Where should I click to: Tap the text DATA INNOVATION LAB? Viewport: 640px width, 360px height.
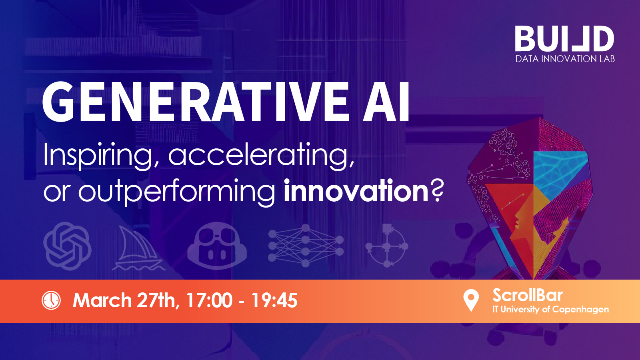(x=565, y=59)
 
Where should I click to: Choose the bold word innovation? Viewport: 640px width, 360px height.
(x=356, y=190)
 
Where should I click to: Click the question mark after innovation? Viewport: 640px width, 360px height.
(x=436, y=190)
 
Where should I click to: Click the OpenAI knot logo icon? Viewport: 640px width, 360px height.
(x=68, y=246)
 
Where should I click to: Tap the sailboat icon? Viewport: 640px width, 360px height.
(x=138, y=248)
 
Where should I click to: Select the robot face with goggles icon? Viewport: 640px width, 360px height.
(x=217, y=246)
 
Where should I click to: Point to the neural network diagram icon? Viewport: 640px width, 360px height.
(x=306, y=246)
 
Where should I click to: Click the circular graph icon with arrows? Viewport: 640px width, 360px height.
(x=387, y=246)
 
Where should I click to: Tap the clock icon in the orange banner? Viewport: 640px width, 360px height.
(x=51, y=300)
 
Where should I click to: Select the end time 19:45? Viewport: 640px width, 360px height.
(x=274, y=300)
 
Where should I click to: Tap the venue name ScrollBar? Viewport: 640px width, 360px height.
(x=528, y=295)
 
